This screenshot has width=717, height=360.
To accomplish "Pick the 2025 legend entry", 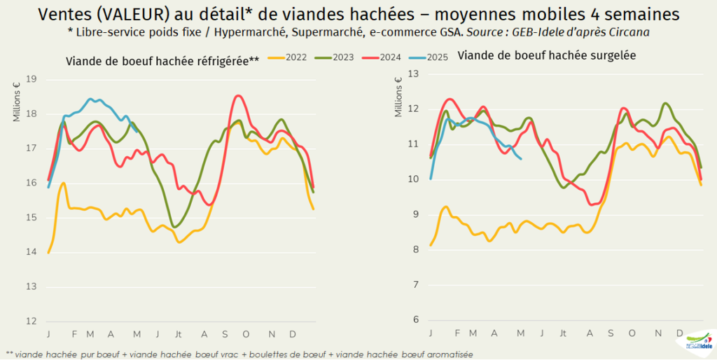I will coord(438,57).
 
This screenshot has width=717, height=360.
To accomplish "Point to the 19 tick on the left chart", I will coord(31,79).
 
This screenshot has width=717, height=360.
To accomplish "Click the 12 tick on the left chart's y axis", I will coord(31,321).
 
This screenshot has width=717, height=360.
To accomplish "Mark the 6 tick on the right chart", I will coord(415,319).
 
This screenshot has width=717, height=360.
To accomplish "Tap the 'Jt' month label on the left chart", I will coord(179,333).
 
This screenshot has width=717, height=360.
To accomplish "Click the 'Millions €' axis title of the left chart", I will coord(17,102).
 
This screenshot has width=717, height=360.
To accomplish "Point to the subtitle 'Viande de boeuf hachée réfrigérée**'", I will coord(162,61).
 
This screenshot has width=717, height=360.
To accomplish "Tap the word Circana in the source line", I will coord(634,32).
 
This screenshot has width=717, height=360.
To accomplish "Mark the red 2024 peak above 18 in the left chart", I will coord(239,96).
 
